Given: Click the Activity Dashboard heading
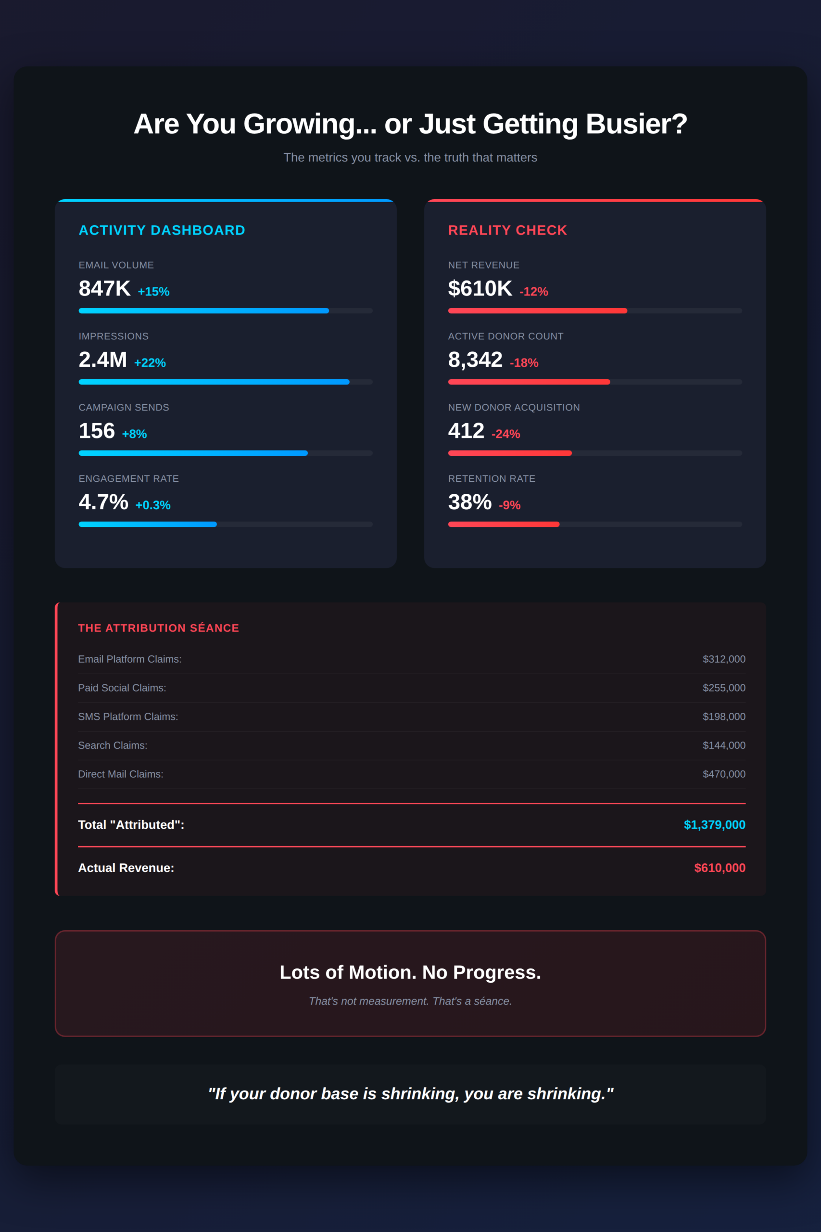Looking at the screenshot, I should pyautogui.click(x=162, y=230).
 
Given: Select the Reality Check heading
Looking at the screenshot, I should pyautogui.click(x=507, y=230).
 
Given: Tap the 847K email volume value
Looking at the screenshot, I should pyautogui.click(x=105, y=289).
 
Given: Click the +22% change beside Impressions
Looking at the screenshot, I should pyautogui.click(x=150, y=362).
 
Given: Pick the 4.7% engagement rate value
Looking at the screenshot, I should pyautogui.click(x=103, y=502).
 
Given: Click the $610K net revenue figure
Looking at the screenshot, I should pyautogui.click(x=480, y=289).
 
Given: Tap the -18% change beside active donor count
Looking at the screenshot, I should pyautogui.click(x=524, y=362).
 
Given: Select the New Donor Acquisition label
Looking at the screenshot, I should pyautogui.click(x=514, y=408).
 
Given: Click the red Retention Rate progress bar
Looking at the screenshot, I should pyautogui.click(x=504, y=525).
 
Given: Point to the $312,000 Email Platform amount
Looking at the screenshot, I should pyautogui.click(x=724, y=659).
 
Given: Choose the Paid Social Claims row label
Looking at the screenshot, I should pyautogui.click(x=122, y=688).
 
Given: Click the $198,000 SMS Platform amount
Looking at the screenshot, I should pyautogui.click(x=724, y=717).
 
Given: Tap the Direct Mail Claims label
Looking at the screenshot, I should pyautogui.click(x=120, y=774).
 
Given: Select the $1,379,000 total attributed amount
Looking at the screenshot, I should pyautogui.click(x=714, y=824).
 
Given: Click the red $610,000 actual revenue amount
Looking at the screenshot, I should pyautogui.click(x=720, y=868).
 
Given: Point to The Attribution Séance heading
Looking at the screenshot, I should pyautogui.click(x=158, y=628).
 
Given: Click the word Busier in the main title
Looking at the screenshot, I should pyautogui.click(x=636, y=124).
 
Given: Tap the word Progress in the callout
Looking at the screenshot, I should pyautogui.click(x=496, y=972).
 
